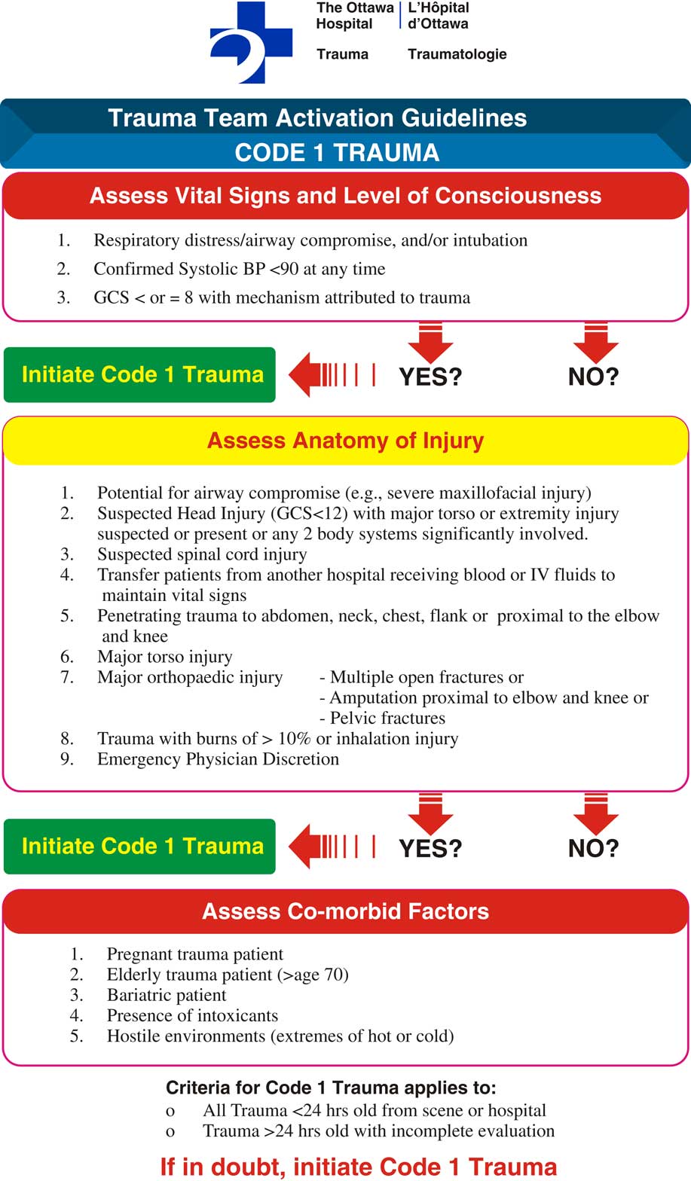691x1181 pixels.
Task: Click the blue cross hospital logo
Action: (250, 42)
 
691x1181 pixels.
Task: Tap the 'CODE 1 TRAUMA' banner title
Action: (337, 152)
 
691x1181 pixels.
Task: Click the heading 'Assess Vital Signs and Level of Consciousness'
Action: (345, 196)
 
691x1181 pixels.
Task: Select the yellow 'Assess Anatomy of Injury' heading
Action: (345, 441)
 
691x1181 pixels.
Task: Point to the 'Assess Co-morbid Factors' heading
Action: (345, 911)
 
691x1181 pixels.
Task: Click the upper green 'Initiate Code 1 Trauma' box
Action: (140, 374)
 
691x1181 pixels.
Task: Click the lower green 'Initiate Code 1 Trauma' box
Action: (140, 846)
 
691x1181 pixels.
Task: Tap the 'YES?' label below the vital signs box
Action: (430, 377)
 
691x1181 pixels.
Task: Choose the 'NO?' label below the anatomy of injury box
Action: (593, 848)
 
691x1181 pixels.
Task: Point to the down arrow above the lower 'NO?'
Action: (595, 812)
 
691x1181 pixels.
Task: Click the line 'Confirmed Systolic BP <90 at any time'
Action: (239, 269)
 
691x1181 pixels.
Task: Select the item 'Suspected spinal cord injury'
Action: (201, 554)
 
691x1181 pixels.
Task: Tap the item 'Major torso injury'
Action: (164, 657)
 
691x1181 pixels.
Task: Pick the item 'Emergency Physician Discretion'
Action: (218, 758)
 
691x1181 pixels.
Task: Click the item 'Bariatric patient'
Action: (167, 995)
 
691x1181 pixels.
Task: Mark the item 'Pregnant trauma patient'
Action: (195, 954)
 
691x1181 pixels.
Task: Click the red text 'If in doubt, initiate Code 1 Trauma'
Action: (358, 1167)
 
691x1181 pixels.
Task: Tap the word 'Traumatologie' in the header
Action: (457, 54)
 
